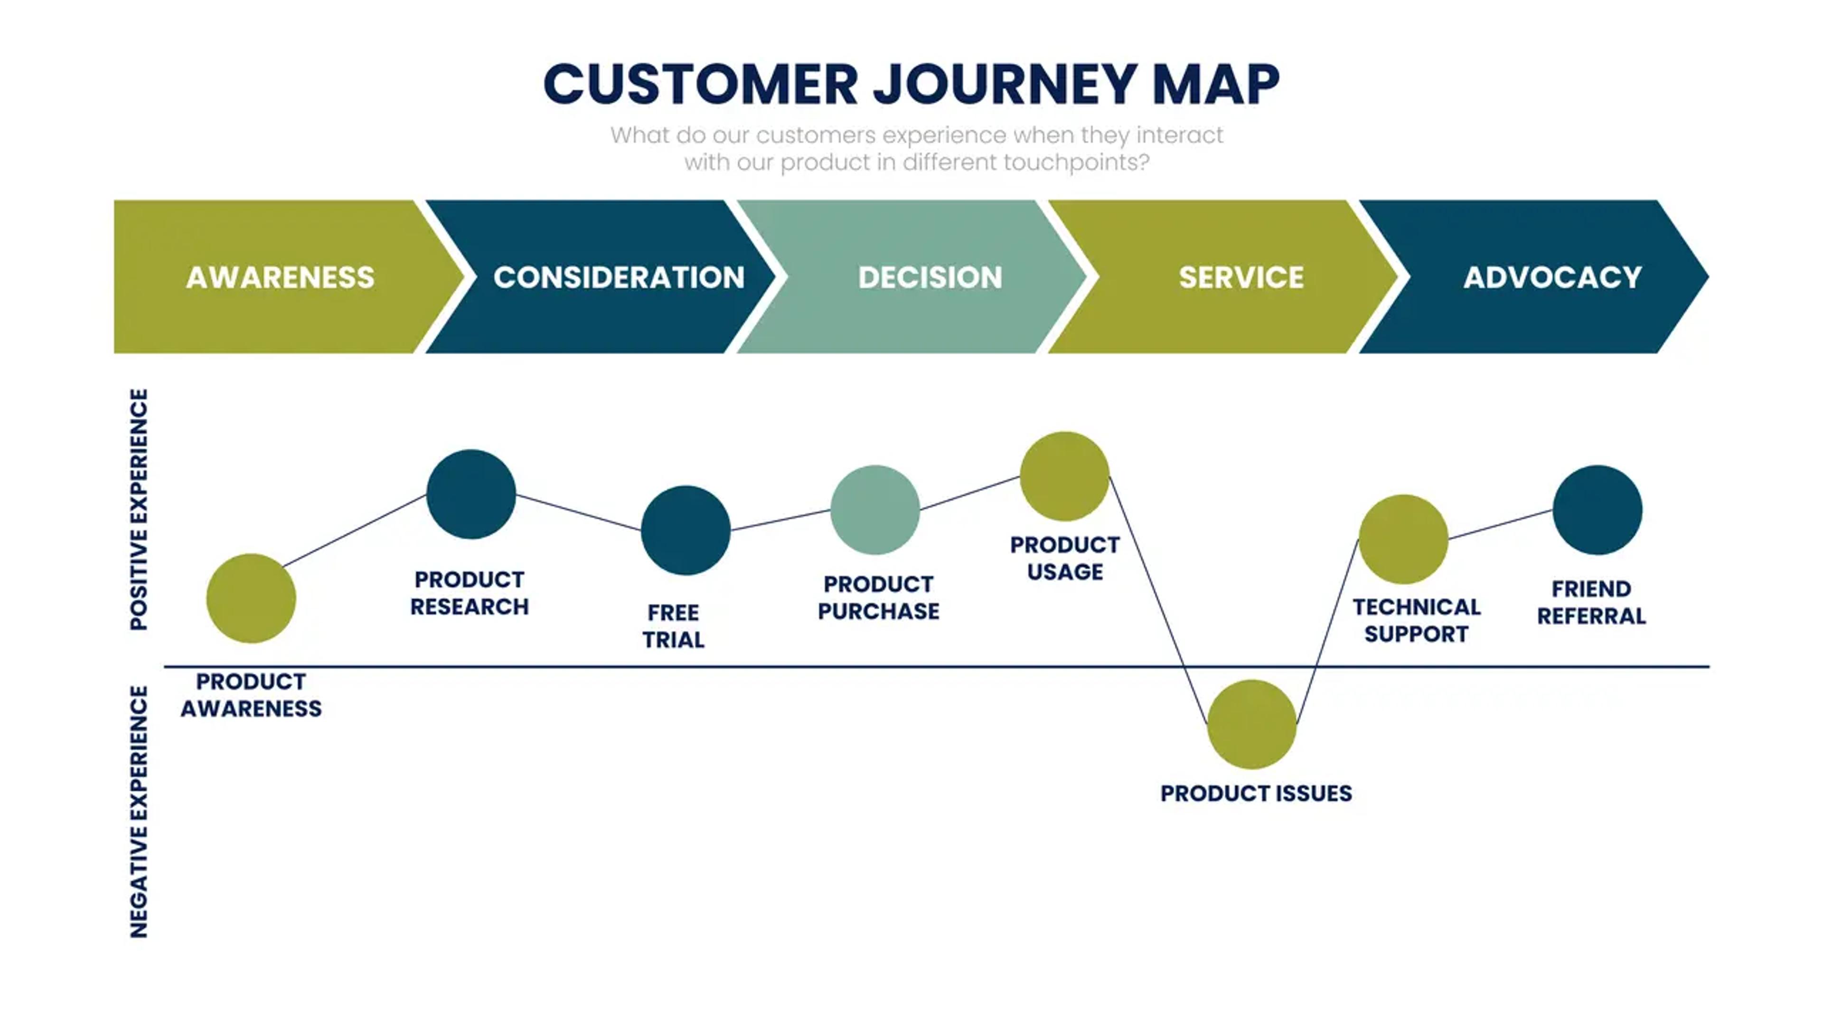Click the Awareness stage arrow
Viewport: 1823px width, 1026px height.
coord(280,277)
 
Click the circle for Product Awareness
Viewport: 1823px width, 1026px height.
coord(251,598)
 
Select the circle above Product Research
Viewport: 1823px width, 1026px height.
coord(471,494)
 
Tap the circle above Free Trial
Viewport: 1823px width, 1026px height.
coord(685,531)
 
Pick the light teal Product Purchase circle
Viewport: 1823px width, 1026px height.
coord(874,510)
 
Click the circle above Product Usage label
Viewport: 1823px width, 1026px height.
coord(1064,476)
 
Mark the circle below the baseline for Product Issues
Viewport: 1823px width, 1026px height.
coord(1251,724)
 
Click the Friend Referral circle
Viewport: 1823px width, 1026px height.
coord(1597,510)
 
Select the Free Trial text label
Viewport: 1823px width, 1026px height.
coord(673,626)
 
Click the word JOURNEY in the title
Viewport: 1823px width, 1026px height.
coord(1005,85)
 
